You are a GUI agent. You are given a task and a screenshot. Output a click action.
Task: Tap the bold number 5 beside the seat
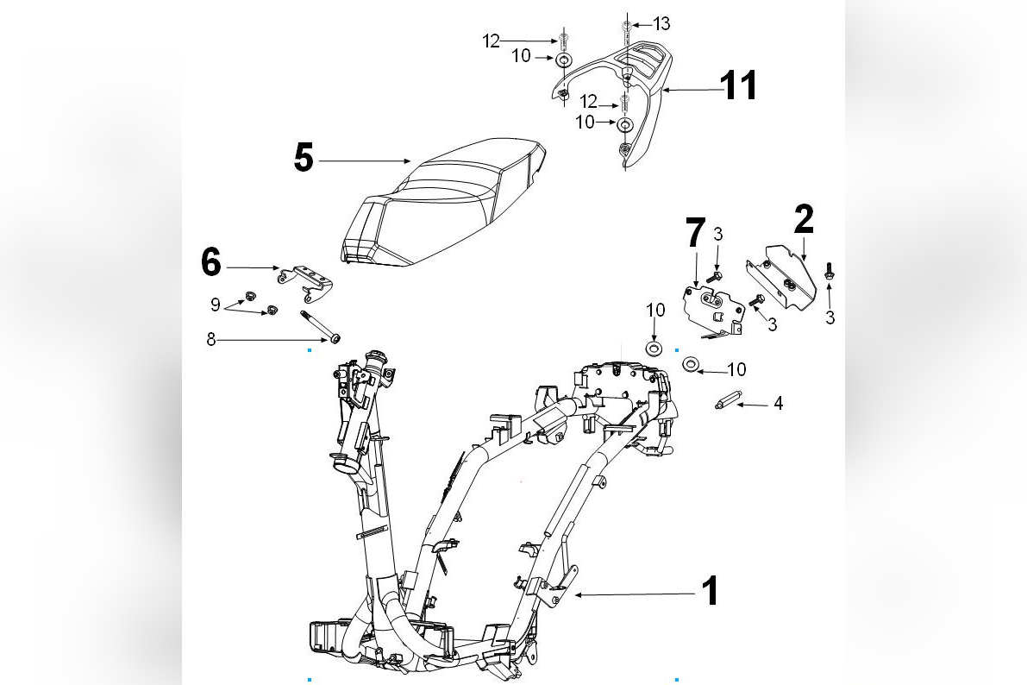tap(303, 159)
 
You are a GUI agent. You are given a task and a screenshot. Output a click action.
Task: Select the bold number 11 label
tap(739, 86)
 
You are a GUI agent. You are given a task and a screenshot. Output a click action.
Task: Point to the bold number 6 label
tap(211, 262)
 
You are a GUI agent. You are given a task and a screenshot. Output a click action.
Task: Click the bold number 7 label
tap(695, 234)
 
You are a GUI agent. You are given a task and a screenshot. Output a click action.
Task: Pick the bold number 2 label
tap(803, 220)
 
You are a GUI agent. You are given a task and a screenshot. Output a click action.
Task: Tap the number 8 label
tap(211, 341)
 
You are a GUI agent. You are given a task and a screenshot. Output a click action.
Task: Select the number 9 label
tap(215, 304)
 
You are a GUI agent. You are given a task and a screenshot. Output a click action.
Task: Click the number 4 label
tap(778, 403)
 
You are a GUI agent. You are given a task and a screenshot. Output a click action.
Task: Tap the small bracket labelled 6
tap(307, 281)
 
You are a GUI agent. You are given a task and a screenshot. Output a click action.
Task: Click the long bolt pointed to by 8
tap(318, 325)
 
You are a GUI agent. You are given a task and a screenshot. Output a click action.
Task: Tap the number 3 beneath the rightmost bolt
tap(830, 317)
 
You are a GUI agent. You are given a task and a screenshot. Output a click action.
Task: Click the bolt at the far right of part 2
tap(830, 271)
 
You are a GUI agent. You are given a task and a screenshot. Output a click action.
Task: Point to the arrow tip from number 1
tap(577, 594)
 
